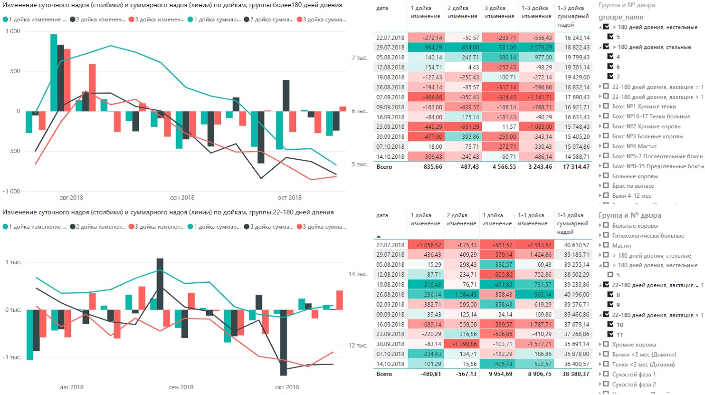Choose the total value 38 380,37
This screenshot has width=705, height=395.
tap(575, 374)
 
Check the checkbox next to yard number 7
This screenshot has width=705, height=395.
tap(610, 77)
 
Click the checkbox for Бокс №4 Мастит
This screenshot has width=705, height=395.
tap(606, 146)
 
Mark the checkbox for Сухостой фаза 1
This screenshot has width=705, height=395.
tap(606, 375)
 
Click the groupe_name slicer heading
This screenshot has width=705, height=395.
tap(620, 17)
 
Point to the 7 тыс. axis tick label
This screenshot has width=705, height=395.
tap(360, 58)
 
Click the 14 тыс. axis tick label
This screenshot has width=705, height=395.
tap(358, 274)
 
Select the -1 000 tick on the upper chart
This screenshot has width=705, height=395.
tap(12, 192)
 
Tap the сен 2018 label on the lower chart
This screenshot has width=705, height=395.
tap(181, 387)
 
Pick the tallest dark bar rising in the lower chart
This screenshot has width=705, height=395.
tap(160, 284)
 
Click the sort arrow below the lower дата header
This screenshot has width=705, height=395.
tap(379, 236)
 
